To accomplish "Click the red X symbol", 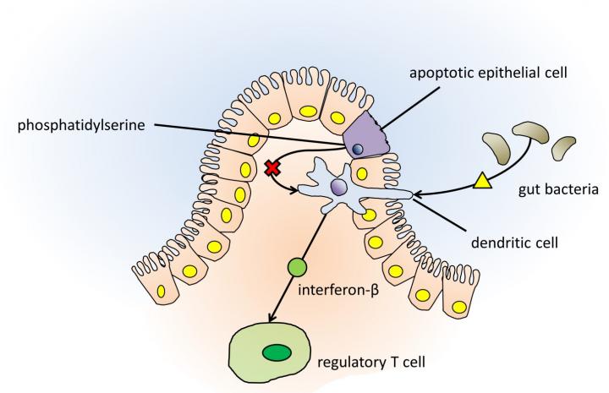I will point(272,168).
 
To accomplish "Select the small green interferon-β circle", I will point(296,269).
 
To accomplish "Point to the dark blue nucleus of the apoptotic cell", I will point(359,149).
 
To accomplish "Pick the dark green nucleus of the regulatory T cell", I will point(275,353).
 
